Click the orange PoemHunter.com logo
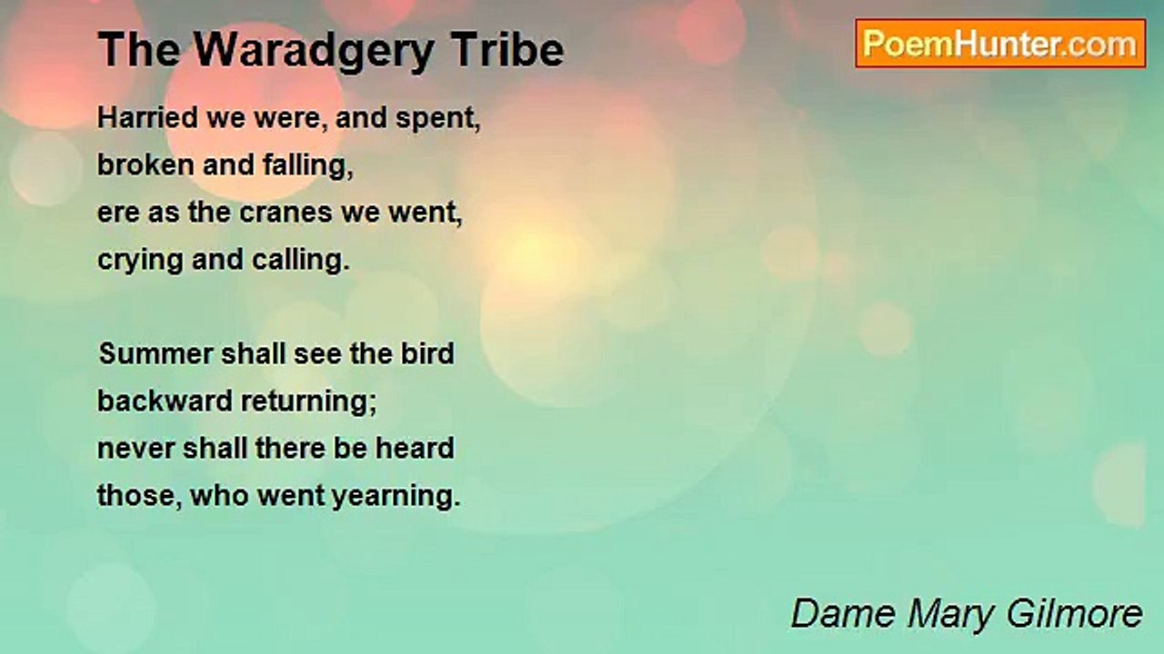point(1000,44)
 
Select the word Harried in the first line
point(148,117)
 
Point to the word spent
point(438,119)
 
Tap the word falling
point(307,166)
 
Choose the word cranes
point(286,213)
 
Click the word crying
point(140,261)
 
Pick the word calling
point(300,261)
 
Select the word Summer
point(156,353)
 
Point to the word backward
point(166,401)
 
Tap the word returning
point(308,402)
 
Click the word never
point(135,449)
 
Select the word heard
point(415,448)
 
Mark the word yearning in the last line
point(396,497)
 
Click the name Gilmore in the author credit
point(1074,614)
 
